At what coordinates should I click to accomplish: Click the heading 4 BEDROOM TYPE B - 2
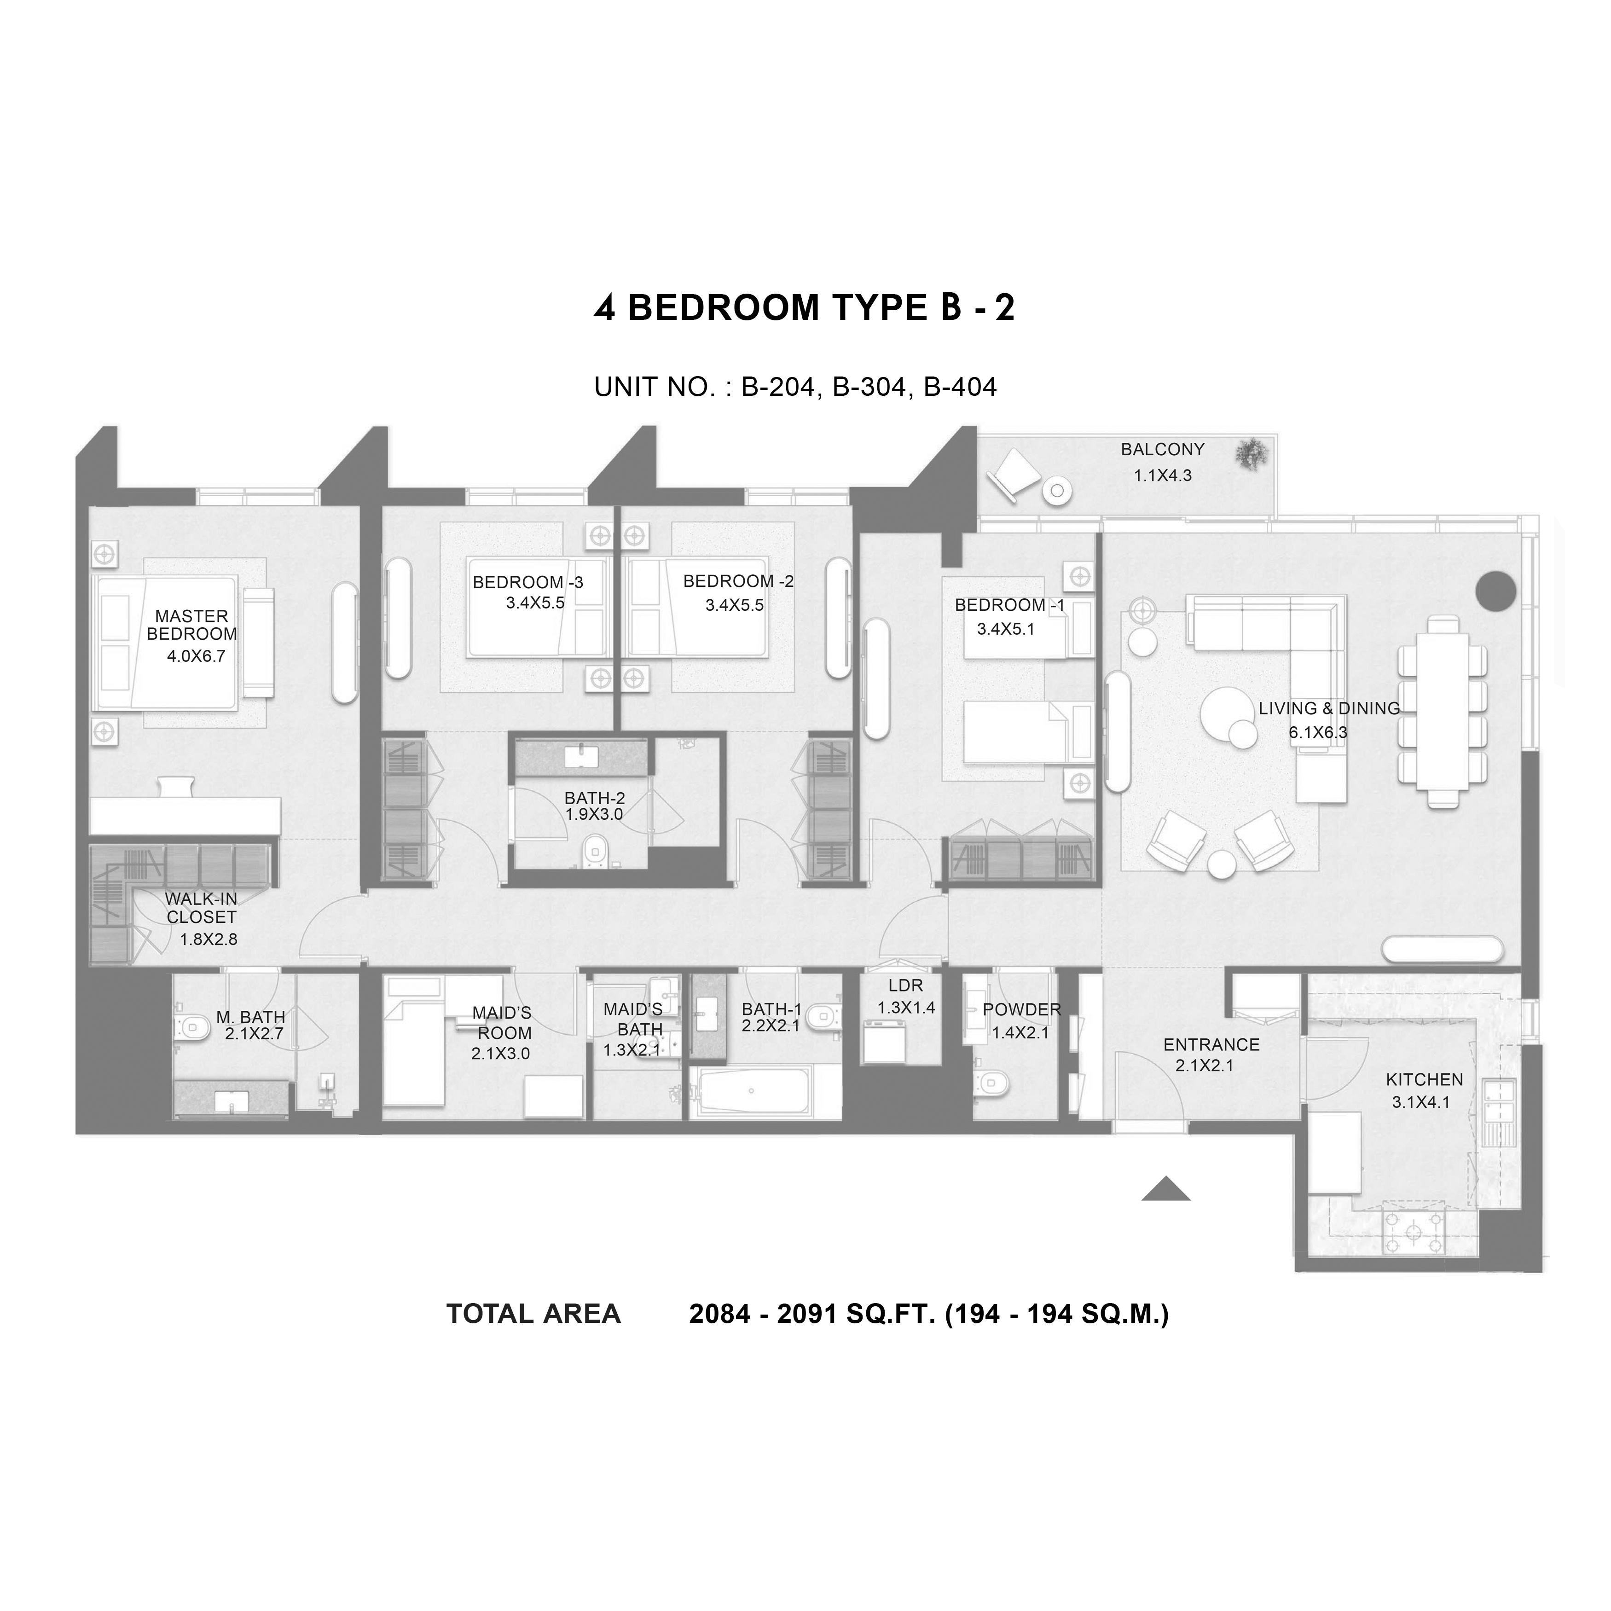[805, 307]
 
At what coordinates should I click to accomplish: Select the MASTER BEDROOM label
[192, 625]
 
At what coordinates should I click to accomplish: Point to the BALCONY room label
[1162, 449]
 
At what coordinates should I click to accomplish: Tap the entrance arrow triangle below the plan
[1166, 1188]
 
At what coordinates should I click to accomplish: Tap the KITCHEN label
[1424, 1080]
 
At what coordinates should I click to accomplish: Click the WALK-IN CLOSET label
[201, 908]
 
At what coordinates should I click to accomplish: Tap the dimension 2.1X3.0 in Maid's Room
[500, 1053]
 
